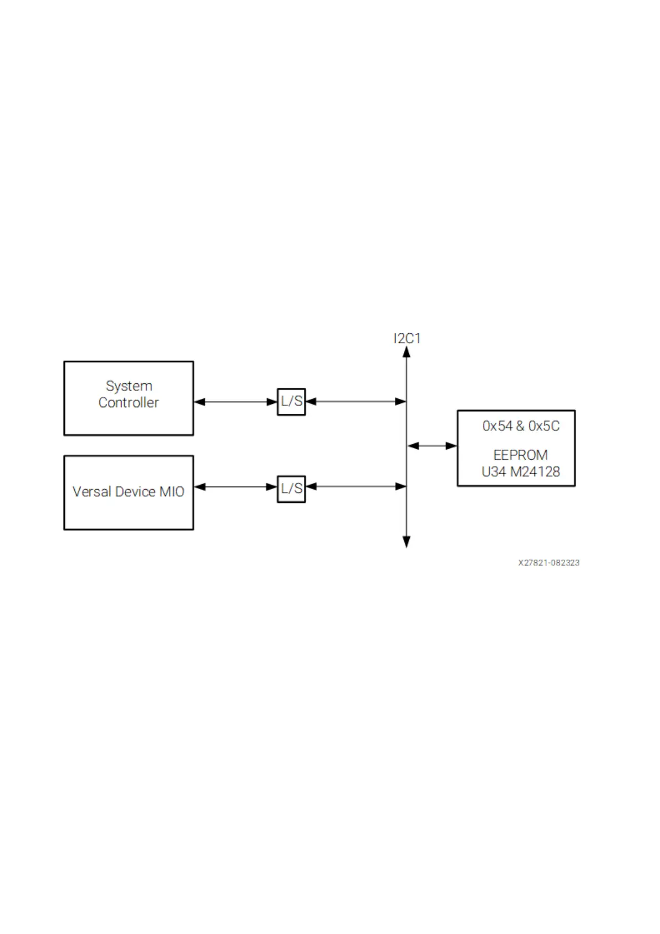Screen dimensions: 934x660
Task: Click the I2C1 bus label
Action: coord(407,338)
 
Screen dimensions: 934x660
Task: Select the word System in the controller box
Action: coord(129,386)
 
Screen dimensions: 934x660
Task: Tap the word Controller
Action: coord(129,403)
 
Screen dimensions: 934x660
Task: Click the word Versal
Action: coord(92,492)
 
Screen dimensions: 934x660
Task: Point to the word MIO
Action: coord(172,492)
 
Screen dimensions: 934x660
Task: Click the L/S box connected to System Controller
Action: coord(291,402)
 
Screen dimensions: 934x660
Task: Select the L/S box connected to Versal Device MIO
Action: coord(291,489)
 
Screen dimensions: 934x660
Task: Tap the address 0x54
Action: coord(497,426)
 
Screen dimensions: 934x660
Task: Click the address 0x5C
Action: coord(544,426)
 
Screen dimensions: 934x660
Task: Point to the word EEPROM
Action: coord(520,455)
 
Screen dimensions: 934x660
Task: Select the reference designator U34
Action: coord(494,472)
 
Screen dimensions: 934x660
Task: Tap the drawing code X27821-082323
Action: coord(549,562)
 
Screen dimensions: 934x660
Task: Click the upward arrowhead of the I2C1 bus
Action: coord(407,352)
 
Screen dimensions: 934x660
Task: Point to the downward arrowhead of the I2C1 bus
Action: coord(407,542)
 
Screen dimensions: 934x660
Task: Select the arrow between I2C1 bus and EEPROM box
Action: coord(432,445)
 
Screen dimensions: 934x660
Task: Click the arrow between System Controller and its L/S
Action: coord(235,402)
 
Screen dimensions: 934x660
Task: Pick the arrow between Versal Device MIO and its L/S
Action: coord(235,487)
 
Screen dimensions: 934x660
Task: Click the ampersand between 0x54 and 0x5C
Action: coord(520,426)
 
